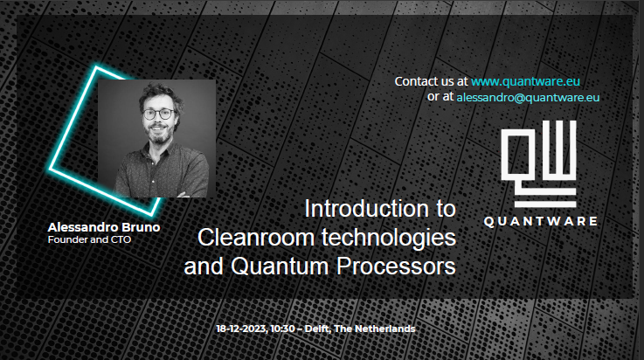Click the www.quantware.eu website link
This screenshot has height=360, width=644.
pyautogui.click(x=525, y=81)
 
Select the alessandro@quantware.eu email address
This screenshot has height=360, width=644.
pyautogui.click(x=528, y=98)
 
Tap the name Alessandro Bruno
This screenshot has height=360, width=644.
pyautogui.click(x=104, y=227)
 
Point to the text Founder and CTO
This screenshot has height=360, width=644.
pyautogui.click(x=89, y=239)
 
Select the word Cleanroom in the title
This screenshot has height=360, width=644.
pyautogui.click(x=256, y=238)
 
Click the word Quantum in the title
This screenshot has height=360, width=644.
pyautogui.click(x=280, y=267)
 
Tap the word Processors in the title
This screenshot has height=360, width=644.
pyautogui.click(x=397, y=267)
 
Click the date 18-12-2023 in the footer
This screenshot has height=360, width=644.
pyautogui.click(x=241, y=329)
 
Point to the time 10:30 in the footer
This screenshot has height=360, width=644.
pyautogui.click(x=282, y=329)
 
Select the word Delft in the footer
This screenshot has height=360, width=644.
pyautogui.click(x=317, y=329)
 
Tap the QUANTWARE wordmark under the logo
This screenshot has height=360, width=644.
pyautogui.click(x=541, y=221)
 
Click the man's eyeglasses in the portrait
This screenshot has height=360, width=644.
pyautogui.click(x=158, y=114)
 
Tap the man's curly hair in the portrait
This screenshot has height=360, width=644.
pyautogui.click(x=161, y=93)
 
